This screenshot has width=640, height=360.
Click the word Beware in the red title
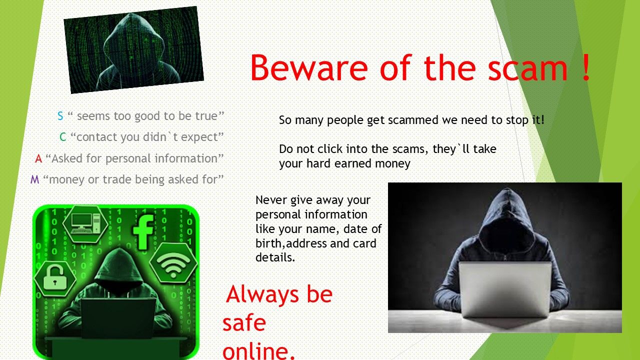point(309,67)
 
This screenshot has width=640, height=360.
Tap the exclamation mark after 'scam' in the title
point(585,67)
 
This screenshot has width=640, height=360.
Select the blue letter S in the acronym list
point(60,116)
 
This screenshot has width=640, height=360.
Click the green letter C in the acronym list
point(63,137)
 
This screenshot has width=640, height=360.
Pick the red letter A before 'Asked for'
point(38,158)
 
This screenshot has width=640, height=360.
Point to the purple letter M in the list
point(34,179)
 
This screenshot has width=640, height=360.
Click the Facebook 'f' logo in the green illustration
point(143,232)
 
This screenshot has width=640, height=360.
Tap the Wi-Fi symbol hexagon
point(173,263)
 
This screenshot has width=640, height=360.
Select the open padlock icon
point(55,278)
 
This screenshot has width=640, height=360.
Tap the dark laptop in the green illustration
point(118,317)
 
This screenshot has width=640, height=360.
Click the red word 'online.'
point(258,352)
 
